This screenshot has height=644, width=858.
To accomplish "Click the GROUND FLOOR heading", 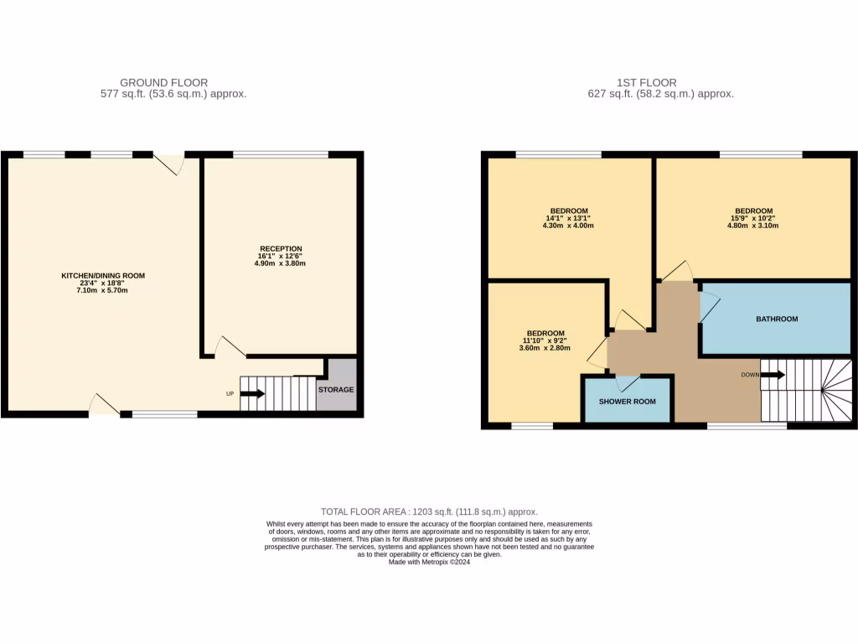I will click(164, 82).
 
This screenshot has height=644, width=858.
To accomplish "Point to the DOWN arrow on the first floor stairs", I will click(772, 375).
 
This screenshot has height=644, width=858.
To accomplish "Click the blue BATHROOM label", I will click(777, 319).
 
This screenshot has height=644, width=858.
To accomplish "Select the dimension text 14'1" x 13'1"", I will click(569, 220).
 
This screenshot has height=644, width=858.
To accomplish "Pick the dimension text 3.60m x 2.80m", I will click(545, 347).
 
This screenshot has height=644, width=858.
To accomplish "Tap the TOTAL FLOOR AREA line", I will click(429, 512).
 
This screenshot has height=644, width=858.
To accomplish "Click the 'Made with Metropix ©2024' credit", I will click(429, 563).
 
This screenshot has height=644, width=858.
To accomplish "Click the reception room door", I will click(230, 346).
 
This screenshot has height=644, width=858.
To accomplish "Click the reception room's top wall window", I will click(280, 154).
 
